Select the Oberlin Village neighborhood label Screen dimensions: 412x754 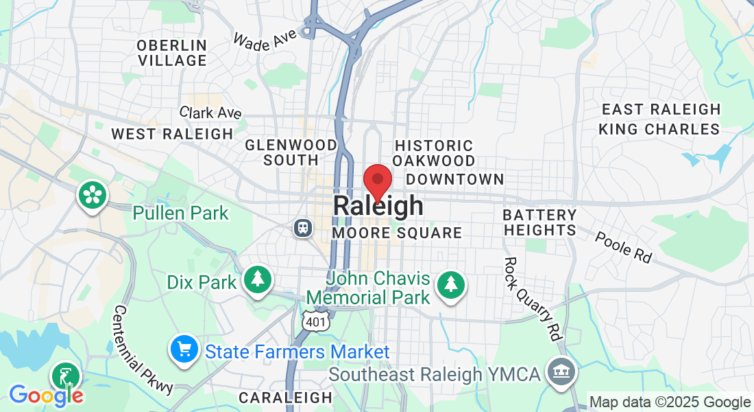pyautogui.click(x=172, y=53)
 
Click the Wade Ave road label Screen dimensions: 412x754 pyautogui.click(x=264, y=39)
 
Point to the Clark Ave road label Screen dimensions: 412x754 pyautogui.click(x=210, y=113)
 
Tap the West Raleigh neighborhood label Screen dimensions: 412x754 pyautogui.click(x=172, y=134)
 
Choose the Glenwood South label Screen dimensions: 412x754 pyautogui.click(x=291, y=152)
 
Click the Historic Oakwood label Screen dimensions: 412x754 pyautogui.click(x=434, y=153)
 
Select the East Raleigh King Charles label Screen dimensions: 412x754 pyautogui.click(x=659, y=119)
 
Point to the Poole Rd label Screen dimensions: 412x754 pyautogui.click(x=623, y=247)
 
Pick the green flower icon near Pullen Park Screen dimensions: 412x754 pyautogui.click(x=91, y=194)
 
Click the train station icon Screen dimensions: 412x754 pyautogui.click(x=302, y=228)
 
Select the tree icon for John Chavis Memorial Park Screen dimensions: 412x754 pyautogui.click(x=450, y=284)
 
